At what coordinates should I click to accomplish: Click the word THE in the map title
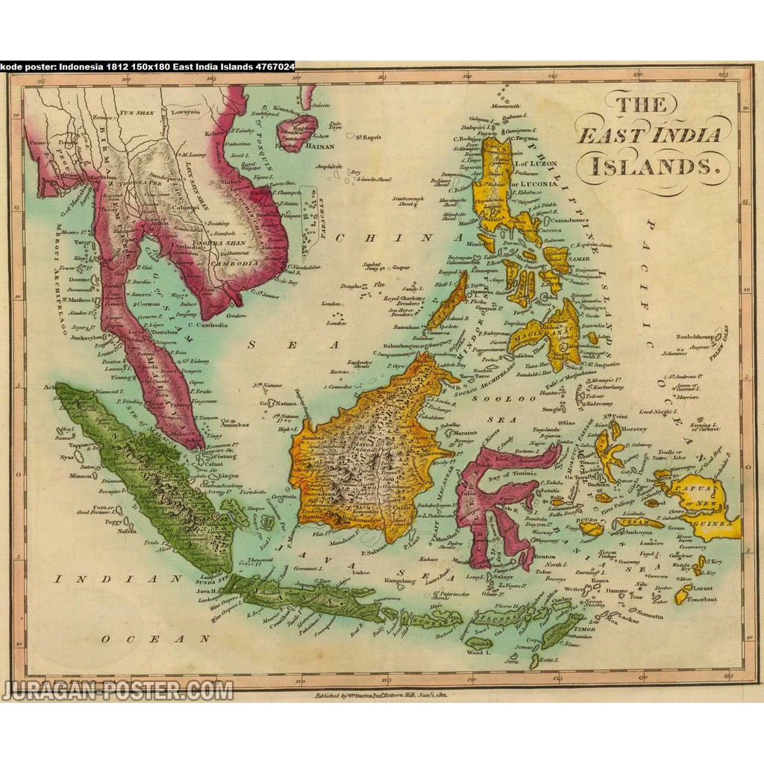point(641,104)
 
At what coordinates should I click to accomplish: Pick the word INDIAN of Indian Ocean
point(118,578)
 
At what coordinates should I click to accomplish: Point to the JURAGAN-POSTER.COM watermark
point(117,691)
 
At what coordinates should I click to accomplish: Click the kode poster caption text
point(147,66)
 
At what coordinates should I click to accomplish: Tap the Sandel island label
point(479,642)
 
